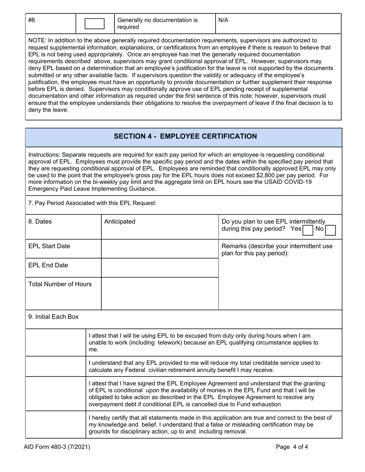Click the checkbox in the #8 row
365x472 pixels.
[x=94, y=24]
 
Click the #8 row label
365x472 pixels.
[x=32, y=20]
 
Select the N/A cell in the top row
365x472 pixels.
[x=223, y=20]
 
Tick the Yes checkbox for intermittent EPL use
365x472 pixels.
[x=308, y=229]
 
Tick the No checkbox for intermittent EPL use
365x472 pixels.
[x=330, y=229]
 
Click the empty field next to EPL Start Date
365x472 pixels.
[x=160, y=249]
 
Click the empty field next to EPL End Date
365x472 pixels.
[x=160, y=267]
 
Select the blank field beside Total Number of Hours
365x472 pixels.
[x=160, y=293]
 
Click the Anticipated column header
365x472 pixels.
[x=120, y=221]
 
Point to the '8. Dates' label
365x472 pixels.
[x=40, y=221]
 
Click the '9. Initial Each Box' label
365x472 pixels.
[x=53, y=317]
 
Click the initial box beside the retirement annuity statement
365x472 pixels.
[x=56, y=366]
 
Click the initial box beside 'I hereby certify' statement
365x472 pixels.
[x=56, y=424]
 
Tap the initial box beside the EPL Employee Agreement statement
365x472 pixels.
[x=56, y=393]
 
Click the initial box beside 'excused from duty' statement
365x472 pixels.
[x=56, y=342]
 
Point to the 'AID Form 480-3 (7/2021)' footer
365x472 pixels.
[x=60, y=447]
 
